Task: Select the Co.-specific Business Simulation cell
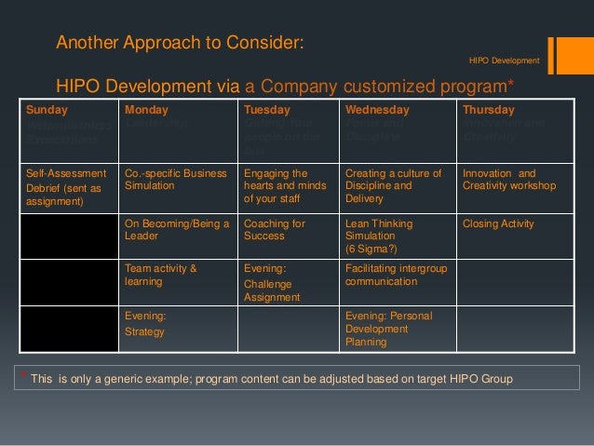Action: coord(175,185)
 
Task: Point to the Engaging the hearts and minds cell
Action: coord(287,185)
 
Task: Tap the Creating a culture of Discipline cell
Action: coord(397,185)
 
